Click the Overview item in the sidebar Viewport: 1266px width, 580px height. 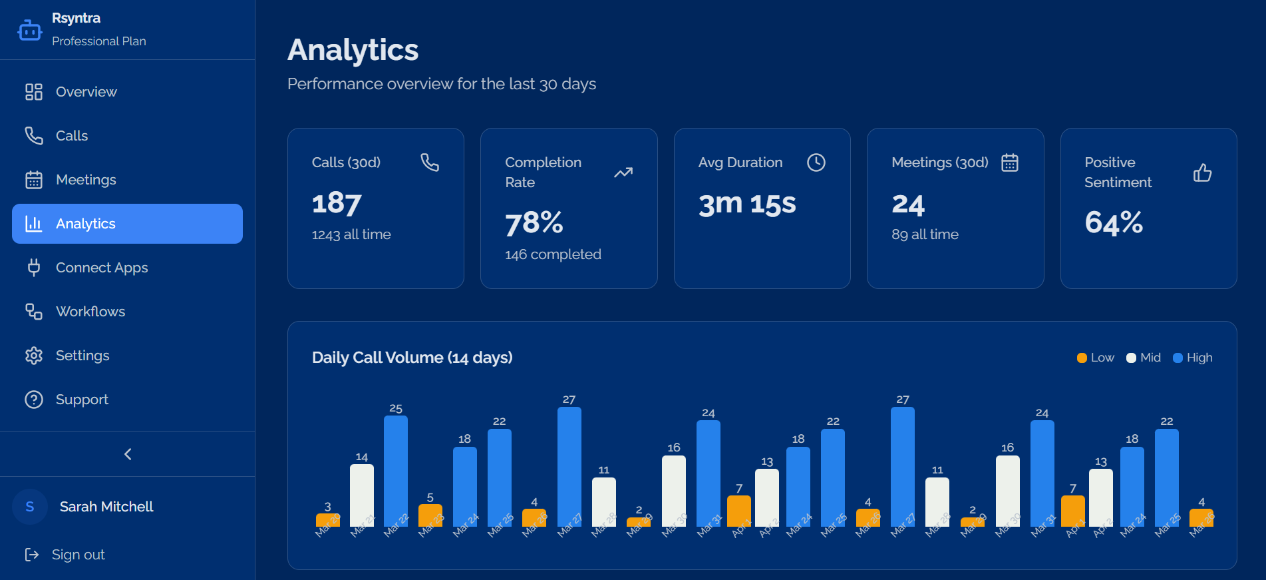[x=86, y=92]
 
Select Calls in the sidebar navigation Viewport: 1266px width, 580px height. [x=71, y=136]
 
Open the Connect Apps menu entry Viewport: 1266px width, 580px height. [x=101, y=268]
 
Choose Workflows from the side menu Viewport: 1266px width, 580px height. [x=90, y=312]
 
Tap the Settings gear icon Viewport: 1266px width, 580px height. [x=34, y=356]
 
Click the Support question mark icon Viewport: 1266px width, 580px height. [x=34, y=400]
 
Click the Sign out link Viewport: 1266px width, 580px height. [x=78, y=555]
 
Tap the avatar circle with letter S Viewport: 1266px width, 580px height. [x=30, y=507]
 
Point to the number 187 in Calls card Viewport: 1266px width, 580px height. [x=337, y=203]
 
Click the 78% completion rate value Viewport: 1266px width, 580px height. [x=534, y=223]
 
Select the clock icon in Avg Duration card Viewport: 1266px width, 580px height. [x=816, y=162]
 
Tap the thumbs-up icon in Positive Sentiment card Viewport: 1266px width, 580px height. [x=1202, y=173]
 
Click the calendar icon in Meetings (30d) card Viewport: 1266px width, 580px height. [x=1010, y=162]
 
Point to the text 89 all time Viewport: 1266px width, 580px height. [x=925, y=234]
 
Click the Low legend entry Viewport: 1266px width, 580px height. [x=1095, y=358]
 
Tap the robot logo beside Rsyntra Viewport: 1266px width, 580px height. [x=30, y=30]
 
